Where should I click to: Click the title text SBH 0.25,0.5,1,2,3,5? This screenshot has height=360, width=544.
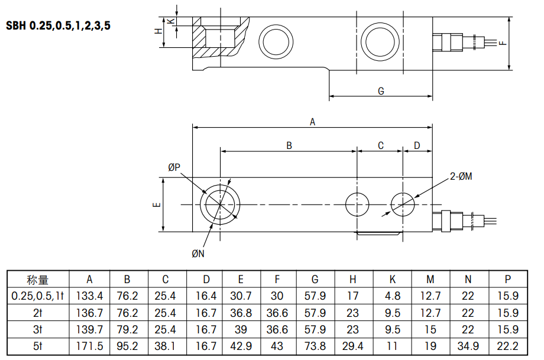(x=58, y=27)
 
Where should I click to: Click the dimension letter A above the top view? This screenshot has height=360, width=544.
(x=313, y=122)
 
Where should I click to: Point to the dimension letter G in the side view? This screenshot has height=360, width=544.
(x=381, y=91)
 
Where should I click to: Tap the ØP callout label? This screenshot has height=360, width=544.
(x=174, y=168)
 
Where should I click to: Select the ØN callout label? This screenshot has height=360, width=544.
(x=198, y=254)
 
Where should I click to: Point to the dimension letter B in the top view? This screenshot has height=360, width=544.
(x=289, y=145)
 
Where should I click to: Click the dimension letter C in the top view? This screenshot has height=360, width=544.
(x=381, y=145)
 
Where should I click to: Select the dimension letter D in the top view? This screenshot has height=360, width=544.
(x=417, y=145)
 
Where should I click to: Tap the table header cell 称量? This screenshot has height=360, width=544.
(x=38, y=280)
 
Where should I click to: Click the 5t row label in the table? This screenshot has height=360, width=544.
(x=38, y=346)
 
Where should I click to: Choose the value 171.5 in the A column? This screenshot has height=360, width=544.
(x=89, y=346)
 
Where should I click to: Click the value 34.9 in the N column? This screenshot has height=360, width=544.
(x=468, y=346)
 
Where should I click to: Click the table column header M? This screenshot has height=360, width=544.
(x=430, y=280)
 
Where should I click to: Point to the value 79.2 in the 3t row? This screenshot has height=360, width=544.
(x=127, y=330)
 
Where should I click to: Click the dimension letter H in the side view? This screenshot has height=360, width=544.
(x=158, y=31)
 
